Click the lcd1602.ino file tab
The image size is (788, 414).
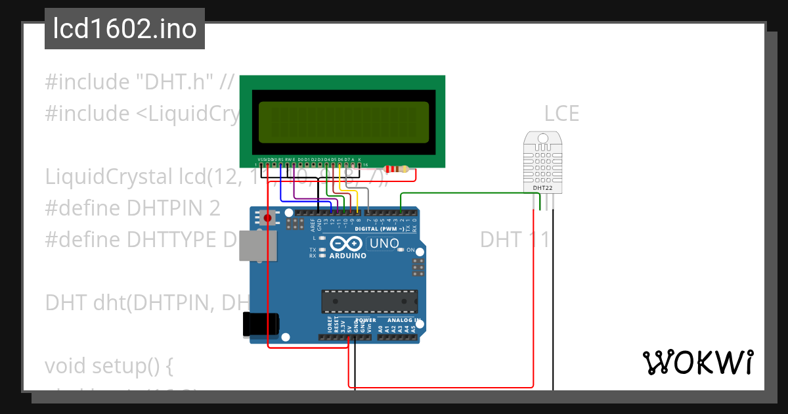(x=124, y=29)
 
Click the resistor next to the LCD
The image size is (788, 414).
(x=396, y=170)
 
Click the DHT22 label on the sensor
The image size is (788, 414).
(x=542, y=188)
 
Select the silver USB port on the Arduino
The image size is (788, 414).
(x=258, y=246)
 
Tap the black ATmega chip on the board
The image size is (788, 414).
(x=368, y=301)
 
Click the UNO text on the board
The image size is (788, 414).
(x=384, y=244)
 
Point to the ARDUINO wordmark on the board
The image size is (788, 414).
(x=347, y=256)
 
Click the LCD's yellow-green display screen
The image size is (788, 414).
(x=341, y=122)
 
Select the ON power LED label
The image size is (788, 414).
(x=411, y=250)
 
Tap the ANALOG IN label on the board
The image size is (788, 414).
(x=403, y=321)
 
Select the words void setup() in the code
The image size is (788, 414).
(x=108, y=365)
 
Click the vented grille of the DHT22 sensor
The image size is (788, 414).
(x=542, y=162)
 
